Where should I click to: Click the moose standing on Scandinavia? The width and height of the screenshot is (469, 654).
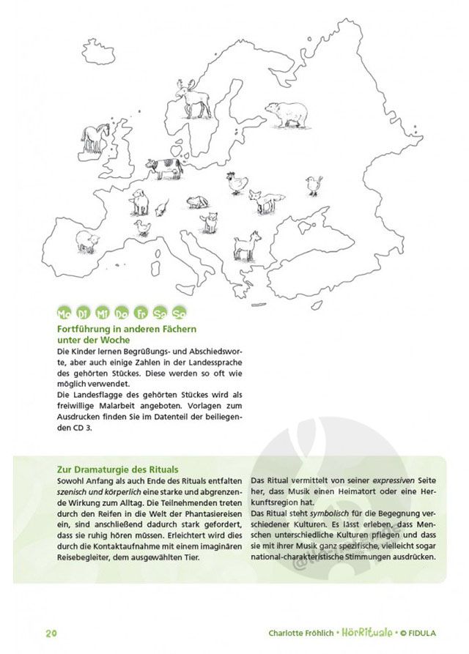coord(193,98)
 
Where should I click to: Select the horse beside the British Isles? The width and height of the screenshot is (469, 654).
coord(95,137)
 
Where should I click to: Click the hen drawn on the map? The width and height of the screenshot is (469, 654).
coord(237,182)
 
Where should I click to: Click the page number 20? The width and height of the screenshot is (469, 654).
coord(51,633)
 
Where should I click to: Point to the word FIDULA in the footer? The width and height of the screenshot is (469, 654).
coord(438,633)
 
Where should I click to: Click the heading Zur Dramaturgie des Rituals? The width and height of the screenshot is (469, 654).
coord(117,469)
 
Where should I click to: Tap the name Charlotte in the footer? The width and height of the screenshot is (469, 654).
coord(288,633)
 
